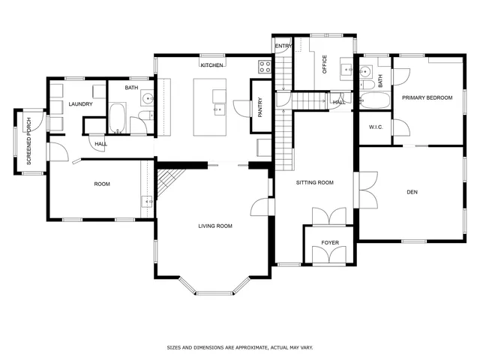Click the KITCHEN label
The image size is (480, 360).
click(x=211, y=65)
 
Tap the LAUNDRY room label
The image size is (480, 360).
click(x=80, y=104)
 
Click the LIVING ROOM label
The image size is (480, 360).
click(x=215, y=226)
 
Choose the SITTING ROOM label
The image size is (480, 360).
click(x=315, y=182)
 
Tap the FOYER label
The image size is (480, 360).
click(x=330, y=243)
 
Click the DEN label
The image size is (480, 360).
click(x=412, y=193)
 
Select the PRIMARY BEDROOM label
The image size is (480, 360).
click(x=427, y=97)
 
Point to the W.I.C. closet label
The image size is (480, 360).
click(x=376, y=127)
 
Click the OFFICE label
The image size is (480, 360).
click(x=325, y=65)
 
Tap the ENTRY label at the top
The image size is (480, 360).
click(x=283, y=46)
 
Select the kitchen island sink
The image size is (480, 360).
click(x=217, y=109)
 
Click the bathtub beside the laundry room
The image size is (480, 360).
click(x=118, y=118)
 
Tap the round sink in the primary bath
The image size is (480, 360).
click(x=365, y=73)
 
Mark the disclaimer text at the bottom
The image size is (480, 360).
click(x=239, y=347)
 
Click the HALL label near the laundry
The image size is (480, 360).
click(x=100, y=143)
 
